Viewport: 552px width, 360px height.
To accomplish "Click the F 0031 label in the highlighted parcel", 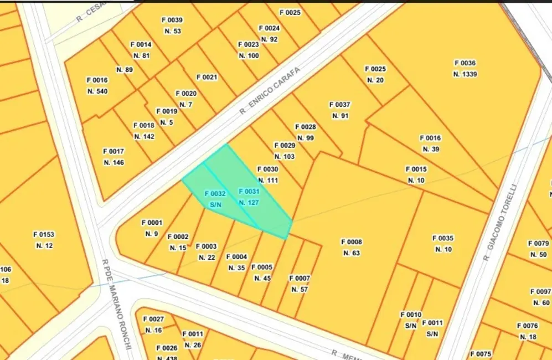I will tap(249, 191).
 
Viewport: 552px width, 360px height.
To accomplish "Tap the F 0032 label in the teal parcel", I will tap(215, 193).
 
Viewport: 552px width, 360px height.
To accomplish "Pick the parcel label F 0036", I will tap(465, 63).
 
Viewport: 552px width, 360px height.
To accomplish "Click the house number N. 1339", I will tap(465, 74).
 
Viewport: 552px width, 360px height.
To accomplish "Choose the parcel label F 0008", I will tap(352, 242).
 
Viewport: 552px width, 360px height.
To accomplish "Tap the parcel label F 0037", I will tap(339, 105).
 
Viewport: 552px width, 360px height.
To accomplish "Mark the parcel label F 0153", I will tap(43, 234).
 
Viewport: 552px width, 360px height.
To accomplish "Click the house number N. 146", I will tap(114, 162).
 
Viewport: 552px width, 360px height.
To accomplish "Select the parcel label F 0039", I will tap(172, 20).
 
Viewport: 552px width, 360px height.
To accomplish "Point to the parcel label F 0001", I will tap(152, 223).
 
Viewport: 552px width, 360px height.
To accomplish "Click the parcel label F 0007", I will tap(300, 278).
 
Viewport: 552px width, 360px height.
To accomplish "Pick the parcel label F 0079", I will tap(539, 243).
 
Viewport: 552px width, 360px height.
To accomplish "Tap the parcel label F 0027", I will tap(153, 319).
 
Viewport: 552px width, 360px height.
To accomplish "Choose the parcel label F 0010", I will tap(411, 315).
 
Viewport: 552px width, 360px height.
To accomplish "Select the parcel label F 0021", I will tap(207, 77).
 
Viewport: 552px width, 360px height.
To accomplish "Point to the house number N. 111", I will tap(267, 181).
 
